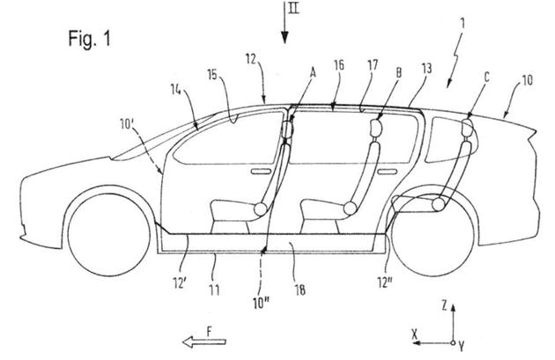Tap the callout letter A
pyautogui.click(x=314, y=76)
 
